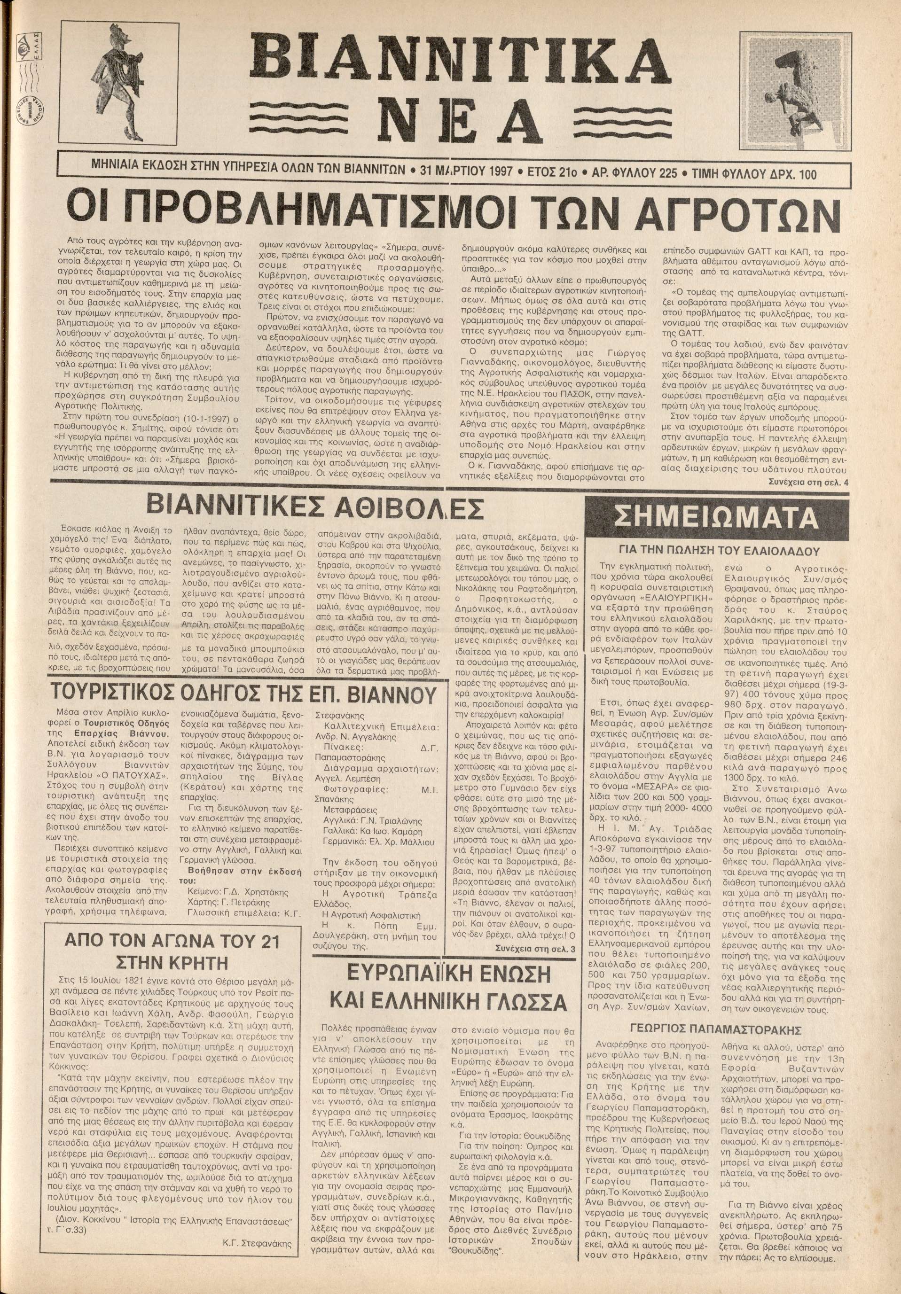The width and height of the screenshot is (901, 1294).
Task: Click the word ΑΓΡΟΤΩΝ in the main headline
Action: (x=708, y=211)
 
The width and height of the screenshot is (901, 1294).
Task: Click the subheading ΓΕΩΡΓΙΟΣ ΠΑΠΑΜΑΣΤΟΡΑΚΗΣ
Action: (x=716, y=1028)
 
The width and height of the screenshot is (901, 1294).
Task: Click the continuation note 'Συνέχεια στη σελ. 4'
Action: (x=808, y=483)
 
